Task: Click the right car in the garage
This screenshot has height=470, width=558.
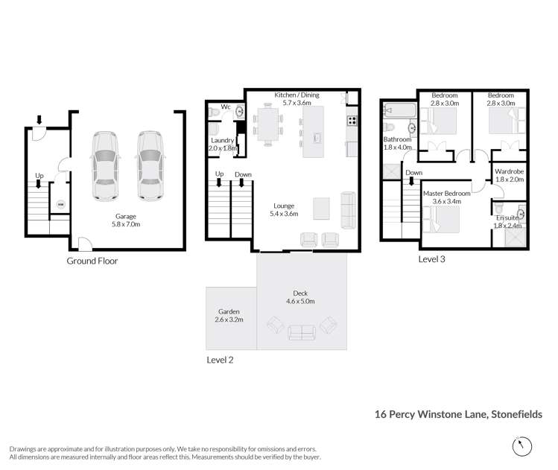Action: [x=150, y=166]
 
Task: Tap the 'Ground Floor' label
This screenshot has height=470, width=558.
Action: [x=92, y=261]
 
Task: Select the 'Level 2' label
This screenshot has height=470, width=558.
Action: [x=220, y=360]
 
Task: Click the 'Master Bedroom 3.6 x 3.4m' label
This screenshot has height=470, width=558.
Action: [x=446, y=197]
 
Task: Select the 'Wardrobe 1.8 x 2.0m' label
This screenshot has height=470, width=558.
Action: [x=510, y=175]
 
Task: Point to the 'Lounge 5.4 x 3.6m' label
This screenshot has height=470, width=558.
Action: [x=287, y=209]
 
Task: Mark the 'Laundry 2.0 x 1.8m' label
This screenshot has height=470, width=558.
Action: [x=223, y=144]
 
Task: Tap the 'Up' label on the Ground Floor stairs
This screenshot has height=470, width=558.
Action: [x=39, y=176]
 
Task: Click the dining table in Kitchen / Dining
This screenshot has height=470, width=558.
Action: [x=266, y=124]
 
